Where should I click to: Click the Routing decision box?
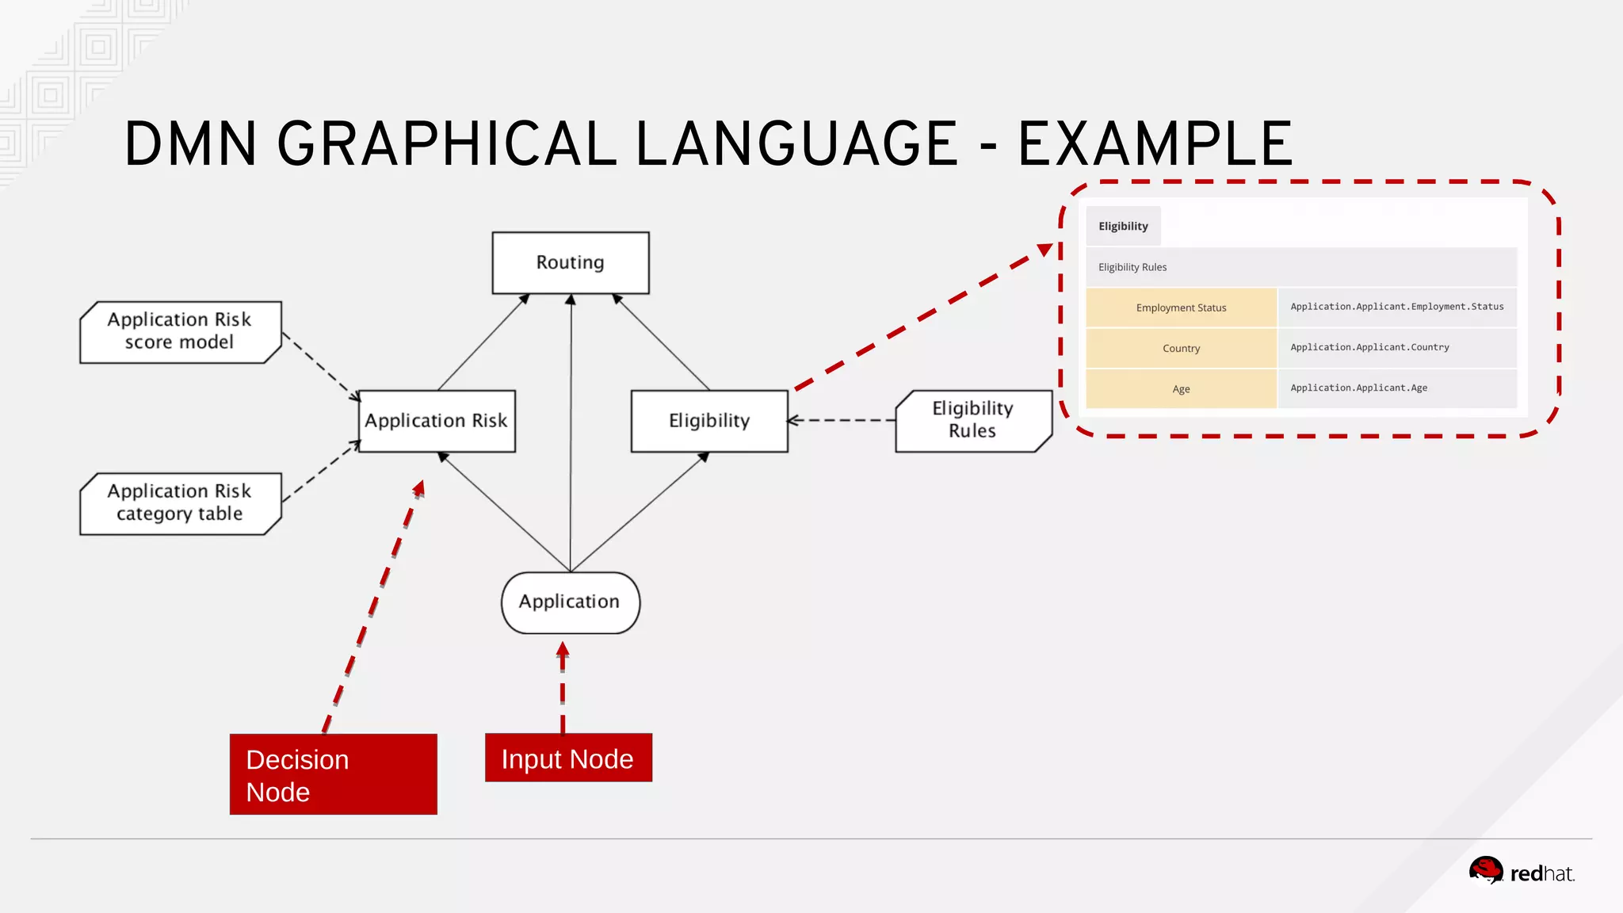[571, 263]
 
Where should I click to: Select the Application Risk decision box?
[437, 421]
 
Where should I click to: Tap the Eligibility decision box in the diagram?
[709, 421]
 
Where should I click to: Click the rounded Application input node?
[570, 602]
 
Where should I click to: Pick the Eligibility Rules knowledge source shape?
[973, 421]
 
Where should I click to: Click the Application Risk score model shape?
[180, 332]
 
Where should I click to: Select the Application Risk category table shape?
[180, 504]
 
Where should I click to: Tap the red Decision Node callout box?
[333, 774]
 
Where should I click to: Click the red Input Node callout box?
[568, 758]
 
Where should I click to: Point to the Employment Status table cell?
[1181, 308]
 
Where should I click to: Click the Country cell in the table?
[1181, 349]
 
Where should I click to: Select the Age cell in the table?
[1181, 389]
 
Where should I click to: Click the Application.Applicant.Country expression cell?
[1396, 348]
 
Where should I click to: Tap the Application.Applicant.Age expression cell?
[1396, 388]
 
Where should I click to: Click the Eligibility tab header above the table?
[1123, 227]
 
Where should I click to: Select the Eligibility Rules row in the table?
[1300, 267]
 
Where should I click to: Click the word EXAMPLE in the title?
[1155, 144]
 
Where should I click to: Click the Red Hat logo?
[1521, 871]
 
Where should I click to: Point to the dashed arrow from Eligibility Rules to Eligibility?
[842, 421]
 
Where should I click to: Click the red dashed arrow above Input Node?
[563, 686]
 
